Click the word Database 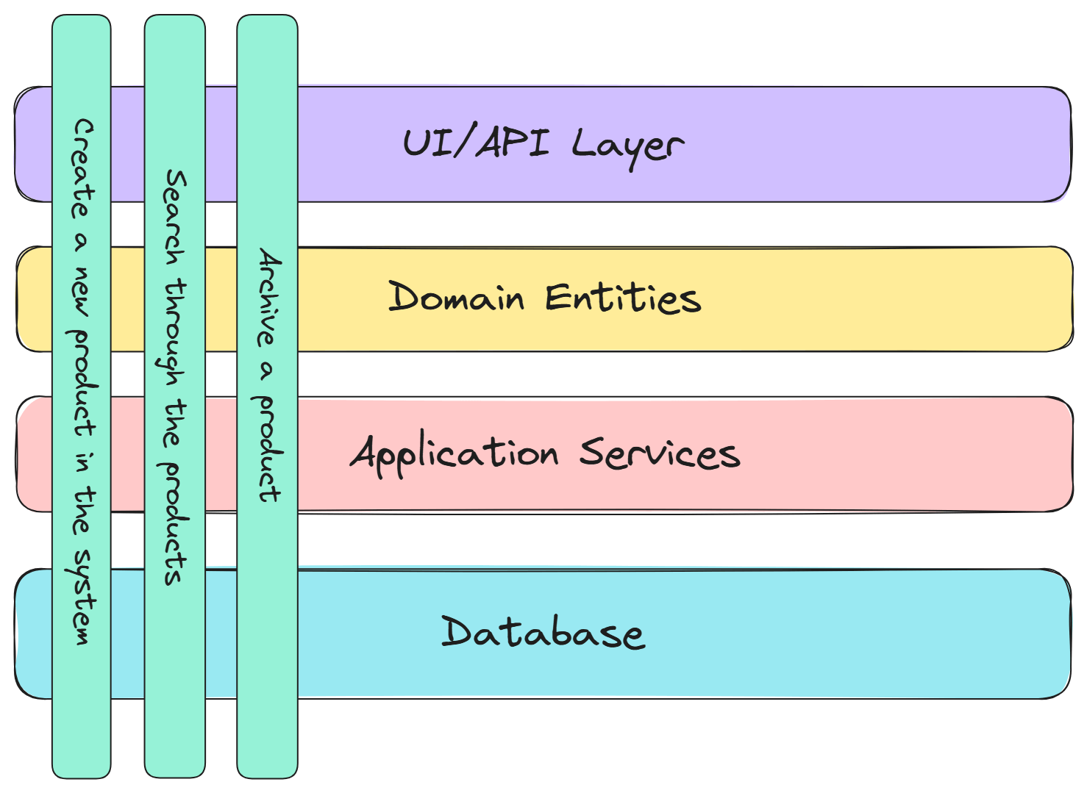click(543, 632)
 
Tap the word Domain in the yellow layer click(456, 297)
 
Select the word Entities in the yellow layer click(623, 298)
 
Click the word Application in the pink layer click(455, 454)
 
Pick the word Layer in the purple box click(627, 146)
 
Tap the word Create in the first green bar click(83, 168)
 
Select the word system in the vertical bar click(82, 597)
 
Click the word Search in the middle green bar click(175, 217)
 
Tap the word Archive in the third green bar click(268, 297)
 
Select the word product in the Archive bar click(268, 448)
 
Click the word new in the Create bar click(82, 291)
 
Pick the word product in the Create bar click(82, 382)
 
